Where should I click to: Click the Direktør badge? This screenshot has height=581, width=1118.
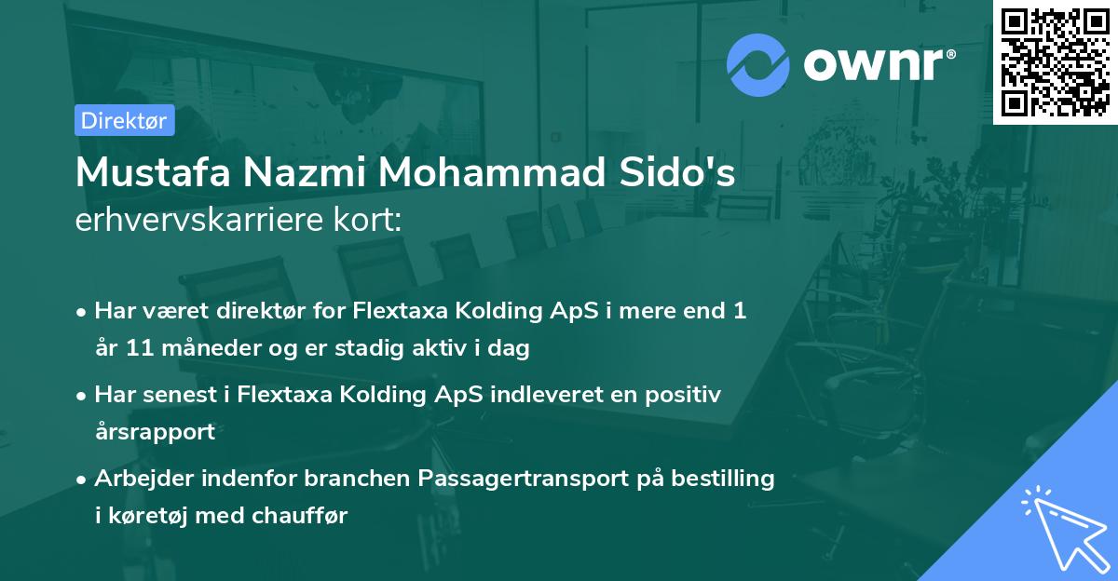tap(124, 120)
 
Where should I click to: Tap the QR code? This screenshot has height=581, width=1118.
tap(1055, 62)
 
